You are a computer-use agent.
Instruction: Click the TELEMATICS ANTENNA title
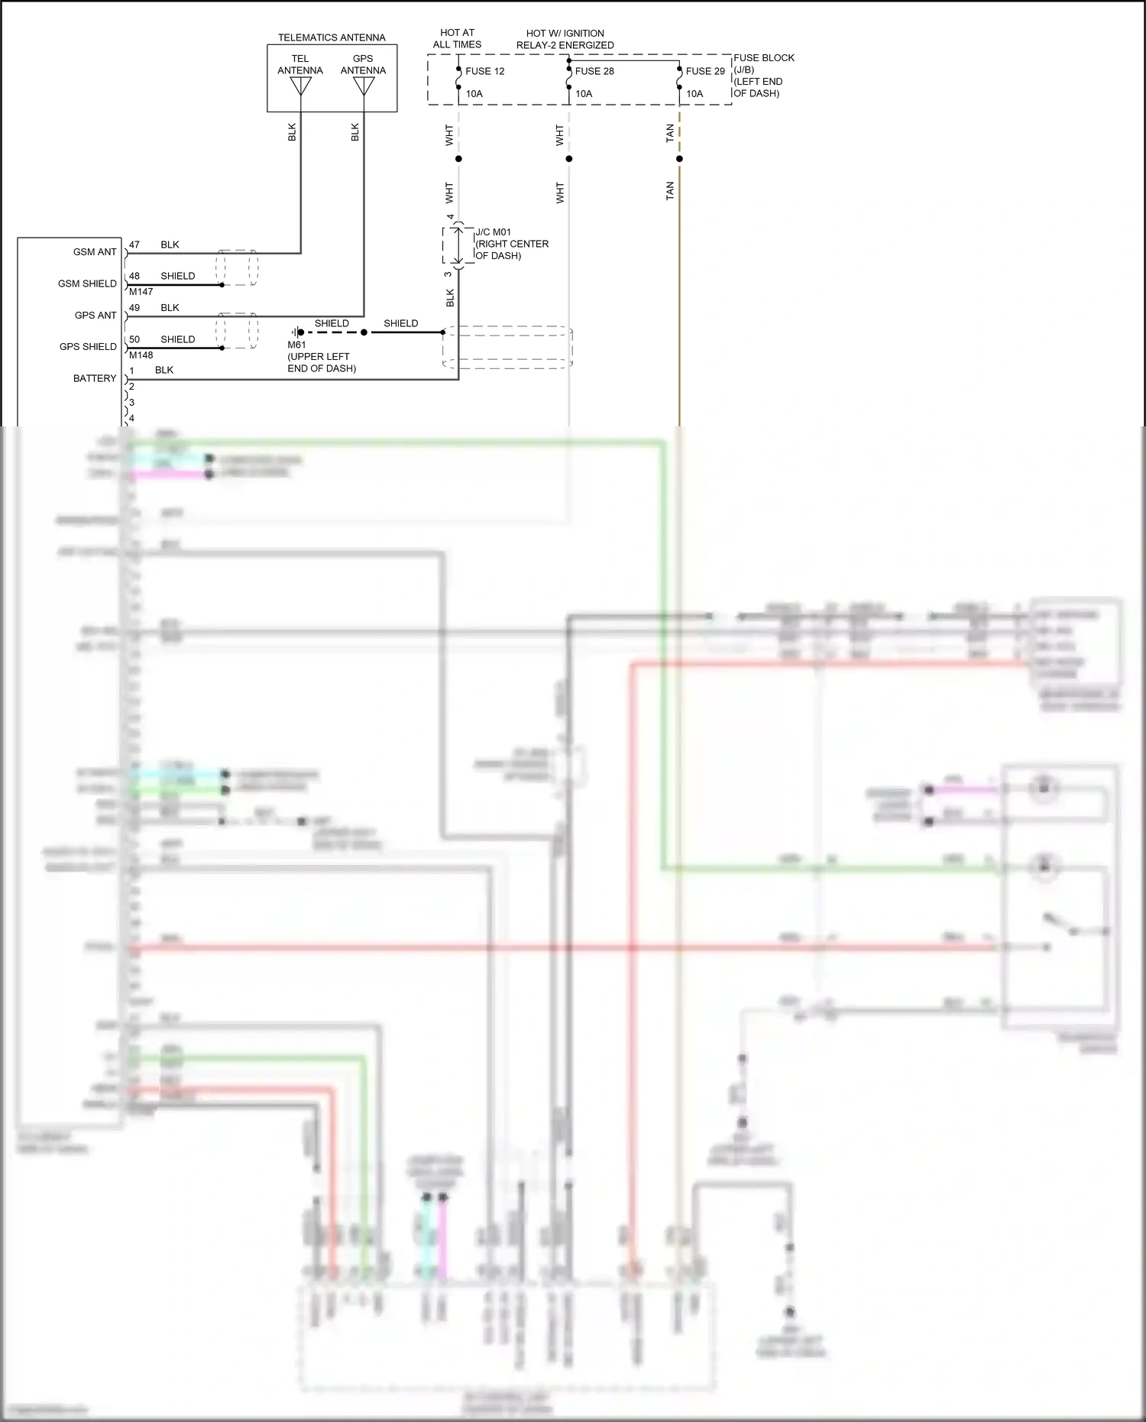(332, 37)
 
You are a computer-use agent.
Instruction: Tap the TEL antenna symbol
(300, 86)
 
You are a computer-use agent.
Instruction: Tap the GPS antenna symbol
(364, 86)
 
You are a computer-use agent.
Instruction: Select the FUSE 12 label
(484, 71)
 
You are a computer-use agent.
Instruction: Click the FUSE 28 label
(594, 71)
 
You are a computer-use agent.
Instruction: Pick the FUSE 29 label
(704, 71)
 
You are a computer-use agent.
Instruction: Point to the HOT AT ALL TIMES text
(457, 39)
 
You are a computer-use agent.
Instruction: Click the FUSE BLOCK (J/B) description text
(763, 75)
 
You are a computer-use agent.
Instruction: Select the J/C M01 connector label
(511, 244)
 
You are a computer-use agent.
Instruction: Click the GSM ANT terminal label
(95, 252)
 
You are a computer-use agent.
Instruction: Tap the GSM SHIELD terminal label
(87, 283)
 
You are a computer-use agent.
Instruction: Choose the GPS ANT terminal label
(95, 316)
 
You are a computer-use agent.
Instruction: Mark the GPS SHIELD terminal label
(88, 347)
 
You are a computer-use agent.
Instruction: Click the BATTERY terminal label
(95, 379)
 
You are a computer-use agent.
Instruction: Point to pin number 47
(134, 245)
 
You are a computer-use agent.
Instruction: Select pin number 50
(134, 339)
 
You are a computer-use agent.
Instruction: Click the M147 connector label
(141, 292)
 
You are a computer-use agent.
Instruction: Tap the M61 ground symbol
(295, 332)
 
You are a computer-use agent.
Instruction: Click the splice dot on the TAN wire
(679, 159)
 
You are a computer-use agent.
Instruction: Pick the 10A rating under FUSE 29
(694, 94)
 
